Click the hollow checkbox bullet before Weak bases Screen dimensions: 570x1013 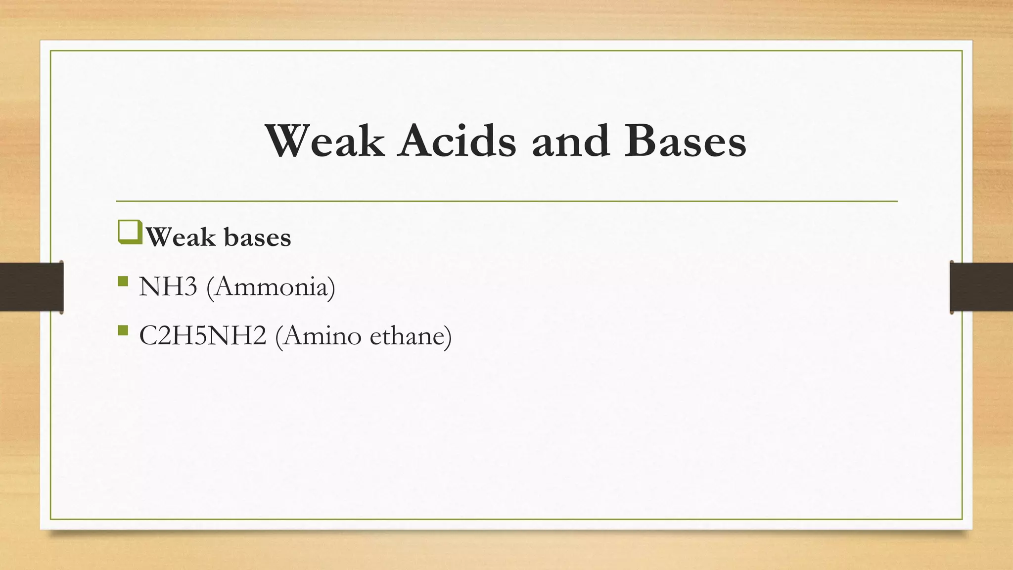pyautogui.click(x=130, y=233)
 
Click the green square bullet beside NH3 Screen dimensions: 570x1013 pyautogui.click(x=123, y=282)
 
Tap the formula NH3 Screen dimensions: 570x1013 pyautogui.click(x=168, y=286)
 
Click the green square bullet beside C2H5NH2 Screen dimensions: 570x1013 pyautogui.click(x=123, y=331)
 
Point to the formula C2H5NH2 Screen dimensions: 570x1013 pyautogui.click(x=203, y=336)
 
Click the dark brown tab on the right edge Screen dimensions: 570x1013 pyautogui.click(x=981, y=287)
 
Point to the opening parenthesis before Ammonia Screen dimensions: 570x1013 pyautogui.click(x=210, y=287)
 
